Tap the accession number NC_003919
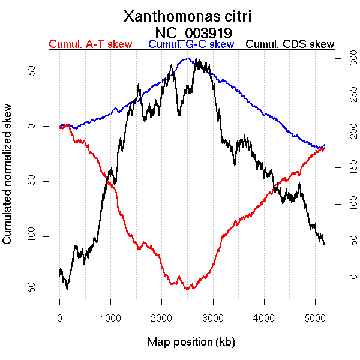[x=193, y=32]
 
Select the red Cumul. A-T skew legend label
[x=90, y=44]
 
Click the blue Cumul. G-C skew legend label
[x=191, y=44]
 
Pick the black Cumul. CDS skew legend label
[x=290, y=44]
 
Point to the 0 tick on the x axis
[x=60, y=317]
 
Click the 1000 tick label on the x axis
[x=110, y=317]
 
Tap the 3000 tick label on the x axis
[x=213, y=317]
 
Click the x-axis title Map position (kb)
[x=191, y=342]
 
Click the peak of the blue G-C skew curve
[x=188, y=58]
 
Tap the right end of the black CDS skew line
[x=324, y=244]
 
